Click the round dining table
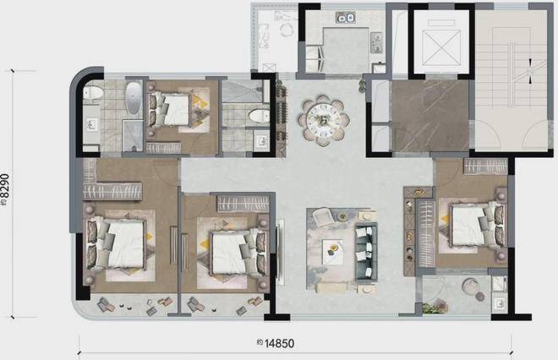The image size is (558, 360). [324, 121]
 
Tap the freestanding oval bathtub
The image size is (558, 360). [134, 98]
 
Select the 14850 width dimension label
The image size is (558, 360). [280, 343]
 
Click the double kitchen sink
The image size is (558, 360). [346, 18]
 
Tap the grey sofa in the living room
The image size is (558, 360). [366, 252]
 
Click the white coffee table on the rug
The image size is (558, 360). [333, 252]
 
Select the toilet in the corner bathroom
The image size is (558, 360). [93, 92]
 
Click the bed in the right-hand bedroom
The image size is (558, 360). [473, 226]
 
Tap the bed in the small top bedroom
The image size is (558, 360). [171, 109]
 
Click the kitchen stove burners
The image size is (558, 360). [376, 43]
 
